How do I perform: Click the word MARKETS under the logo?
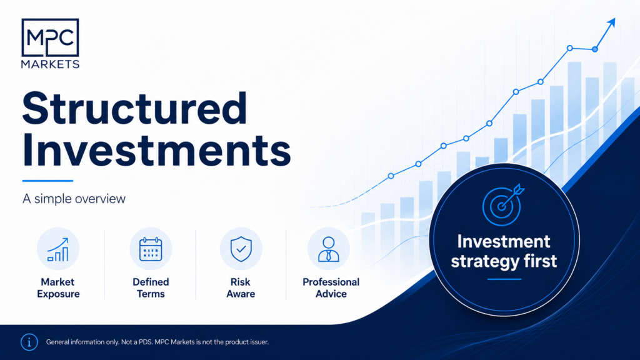(x=50, y=64)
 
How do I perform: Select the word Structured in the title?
(x=135, y=109)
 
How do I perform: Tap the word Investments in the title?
(x=157, y=150)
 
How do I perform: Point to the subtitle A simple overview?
(x=74, y=199)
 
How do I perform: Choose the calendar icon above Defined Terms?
(x=151, y=249)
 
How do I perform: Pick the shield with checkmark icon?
(x=241, y=249)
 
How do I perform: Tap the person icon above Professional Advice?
(x=329, y=249)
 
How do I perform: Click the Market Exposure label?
(x=58, y=287)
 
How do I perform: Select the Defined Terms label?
(x=151, y=287)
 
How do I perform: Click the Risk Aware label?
(x=241, y=287)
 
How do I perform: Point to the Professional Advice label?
(x=331, y=287)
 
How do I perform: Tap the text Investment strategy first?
(x=504, y=251)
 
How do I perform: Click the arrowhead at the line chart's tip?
(x=611, y=23)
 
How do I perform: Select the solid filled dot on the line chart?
(x=595, y=49)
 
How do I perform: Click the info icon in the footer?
(x=29, y=342)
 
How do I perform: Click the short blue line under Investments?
(x=47, y=181)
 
